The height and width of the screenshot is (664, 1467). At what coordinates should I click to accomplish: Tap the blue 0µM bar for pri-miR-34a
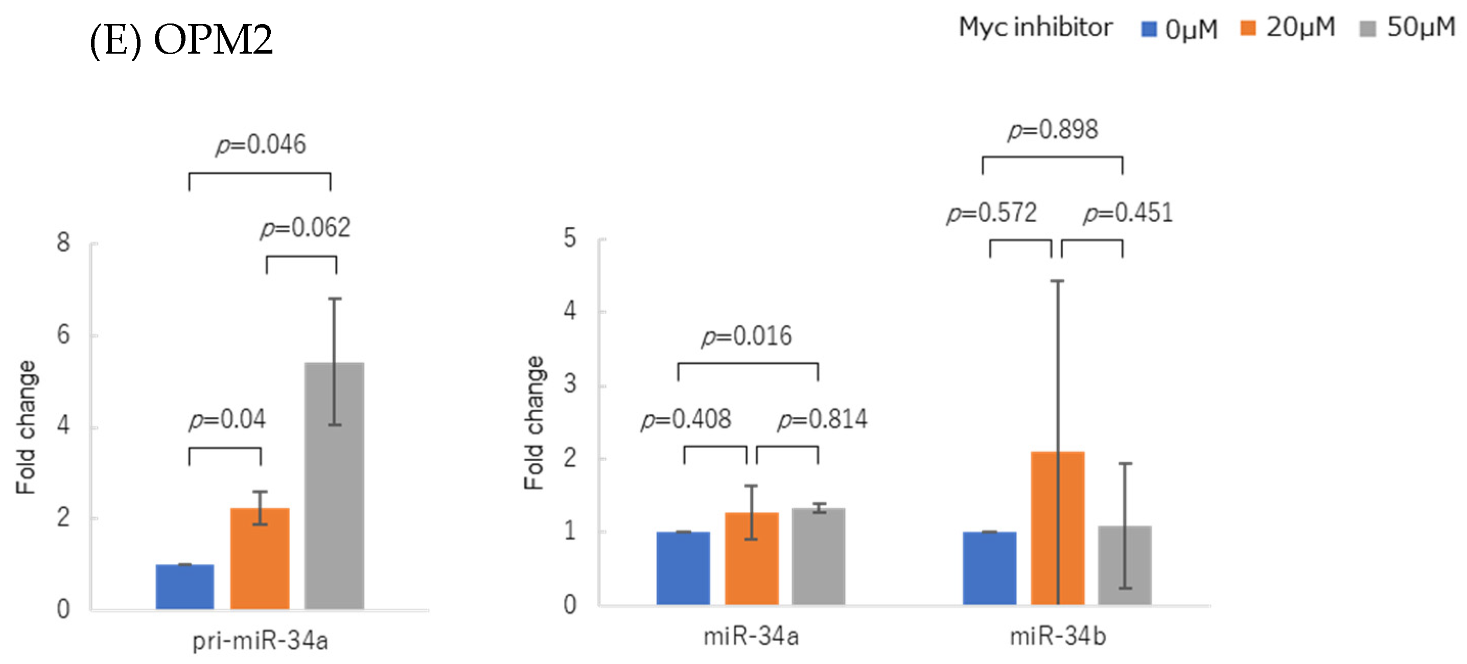click(184, 586)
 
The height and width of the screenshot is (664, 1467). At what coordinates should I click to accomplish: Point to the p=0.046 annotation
click(260, 145)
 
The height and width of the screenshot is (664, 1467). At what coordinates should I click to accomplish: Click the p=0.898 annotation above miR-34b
click(1053, 130)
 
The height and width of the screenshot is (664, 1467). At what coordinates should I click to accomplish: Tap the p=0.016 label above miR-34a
click(746, 336)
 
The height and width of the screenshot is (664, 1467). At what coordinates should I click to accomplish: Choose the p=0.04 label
click(227, 420)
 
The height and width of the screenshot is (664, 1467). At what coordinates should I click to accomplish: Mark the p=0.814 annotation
click(822, 420)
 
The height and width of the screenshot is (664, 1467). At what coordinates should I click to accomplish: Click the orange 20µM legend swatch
click(1248, 28)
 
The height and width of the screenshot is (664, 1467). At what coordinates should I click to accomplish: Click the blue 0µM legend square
click(1149, 29)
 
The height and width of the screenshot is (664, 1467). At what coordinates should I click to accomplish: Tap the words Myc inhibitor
click(1035, 28)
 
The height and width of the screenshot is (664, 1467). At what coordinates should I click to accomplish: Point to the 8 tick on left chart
click(63, 243)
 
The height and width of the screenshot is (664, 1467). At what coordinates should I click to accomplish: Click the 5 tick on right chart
click(570, 238)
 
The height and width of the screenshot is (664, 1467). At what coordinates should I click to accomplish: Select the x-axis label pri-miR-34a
click(260, 641)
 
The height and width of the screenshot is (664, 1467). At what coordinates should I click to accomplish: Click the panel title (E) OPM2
click(181, 40)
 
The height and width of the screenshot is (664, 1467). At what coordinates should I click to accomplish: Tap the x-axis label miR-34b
click(1058, 636)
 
